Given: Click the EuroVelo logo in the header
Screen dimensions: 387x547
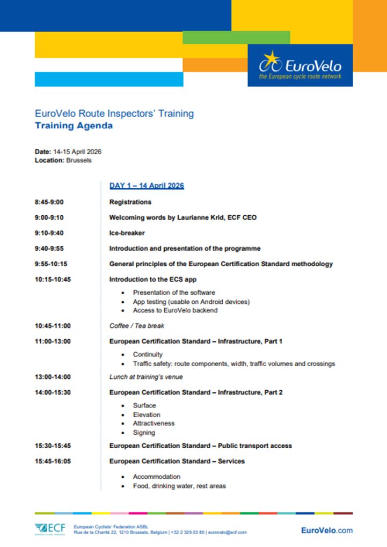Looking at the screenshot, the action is tap(300, 65).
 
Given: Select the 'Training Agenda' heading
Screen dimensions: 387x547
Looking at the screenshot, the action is tap(74, 126).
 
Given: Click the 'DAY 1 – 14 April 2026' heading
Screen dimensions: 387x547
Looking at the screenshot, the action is tap(147, 186).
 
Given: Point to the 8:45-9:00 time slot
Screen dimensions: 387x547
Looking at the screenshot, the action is tap(49, 202).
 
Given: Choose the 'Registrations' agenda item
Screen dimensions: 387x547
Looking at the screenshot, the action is tap(130, 202).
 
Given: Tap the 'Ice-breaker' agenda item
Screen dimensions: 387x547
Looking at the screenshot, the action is tap(127, 233).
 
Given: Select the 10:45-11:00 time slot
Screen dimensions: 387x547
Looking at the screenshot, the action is tap(53, 326).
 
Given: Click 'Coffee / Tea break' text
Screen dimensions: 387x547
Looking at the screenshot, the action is tap(137, 326).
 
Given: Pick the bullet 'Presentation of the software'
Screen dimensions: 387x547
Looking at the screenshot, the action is tap(174, 293).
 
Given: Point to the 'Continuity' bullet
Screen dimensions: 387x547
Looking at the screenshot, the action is tap(148, 355).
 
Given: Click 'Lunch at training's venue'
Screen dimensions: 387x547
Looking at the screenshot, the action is tap(146, 377).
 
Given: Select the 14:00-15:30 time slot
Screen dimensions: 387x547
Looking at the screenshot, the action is tap(53, 392).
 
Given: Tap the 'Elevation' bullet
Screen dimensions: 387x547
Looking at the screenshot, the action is tap(147, 414).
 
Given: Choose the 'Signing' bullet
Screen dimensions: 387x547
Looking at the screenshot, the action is tap(144, 433).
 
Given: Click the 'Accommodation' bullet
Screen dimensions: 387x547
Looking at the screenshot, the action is tap(157, 477).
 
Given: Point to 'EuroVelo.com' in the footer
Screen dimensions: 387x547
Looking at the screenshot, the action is tap(327, 530).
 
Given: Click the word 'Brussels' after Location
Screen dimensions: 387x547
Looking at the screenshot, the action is tap(79, 160).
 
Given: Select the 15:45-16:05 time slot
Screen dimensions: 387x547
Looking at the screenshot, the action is tap(53, 461).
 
